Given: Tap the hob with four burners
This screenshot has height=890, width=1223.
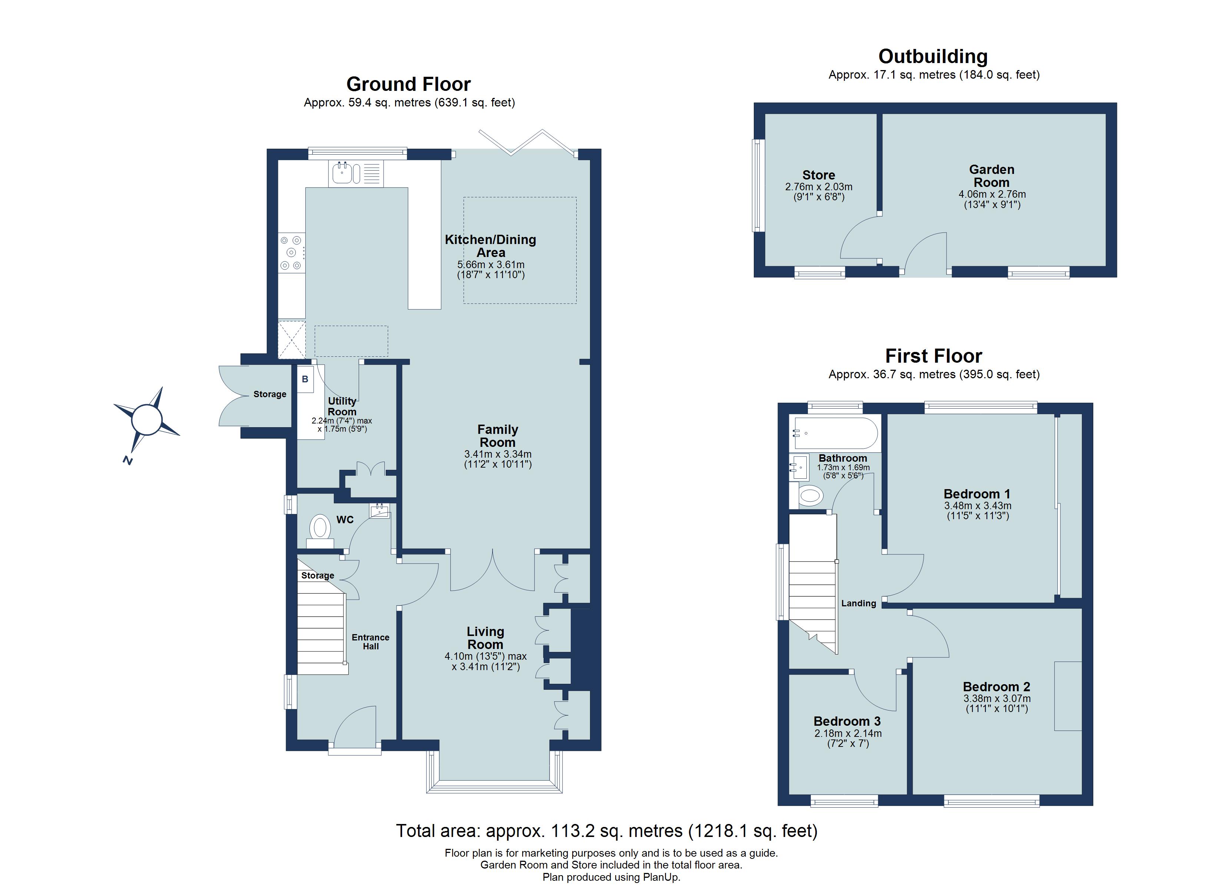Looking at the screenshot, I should pyautogui.click(x=291, y=253).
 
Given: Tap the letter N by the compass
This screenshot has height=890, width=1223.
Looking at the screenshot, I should pyautogui.click(x=128, y=460).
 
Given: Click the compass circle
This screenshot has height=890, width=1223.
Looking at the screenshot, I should pyautogui.click(x=147, y=419).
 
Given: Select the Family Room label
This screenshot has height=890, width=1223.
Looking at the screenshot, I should pyautogui.click(x=498, y=436).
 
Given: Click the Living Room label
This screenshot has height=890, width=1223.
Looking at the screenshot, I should pyautogui.click(x=485, y=637).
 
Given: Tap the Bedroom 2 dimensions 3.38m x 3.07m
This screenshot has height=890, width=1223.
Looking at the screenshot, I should pyautogui.click(x=997, y=698).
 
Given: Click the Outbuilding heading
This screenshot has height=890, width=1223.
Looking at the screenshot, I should pyautogui.click(x=933, y=56).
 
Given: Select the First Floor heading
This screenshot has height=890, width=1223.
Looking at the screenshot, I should pyautogui.click(x=934, y=356).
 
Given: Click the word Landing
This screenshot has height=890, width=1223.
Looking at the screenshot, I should pyautogui.click(x=858, y=603).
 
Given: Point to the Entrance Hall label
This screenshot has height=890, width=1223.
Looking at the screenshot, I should pyautogui.click(x=371, y=642).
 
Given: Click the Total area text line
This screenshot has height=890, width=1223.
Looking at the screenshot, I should pyautogui.click(x=607, y=831).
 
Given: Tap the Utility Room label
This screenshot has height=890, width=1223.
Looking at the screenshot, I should pyautogui.click(x=342, y=406).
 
